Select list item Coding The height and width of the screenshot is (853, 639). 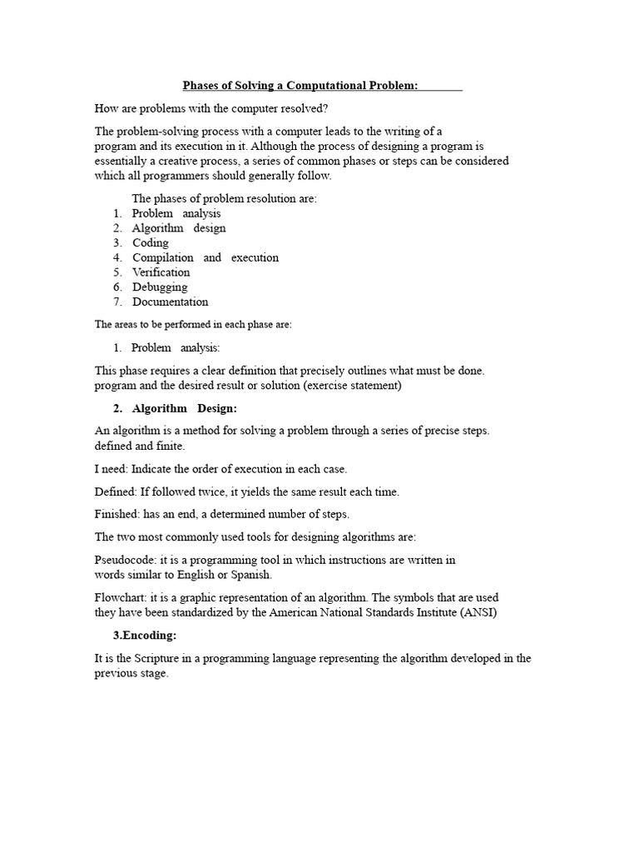click(x=151, y=243)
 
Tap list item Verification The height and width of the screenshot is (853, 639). click(x=161, y=272)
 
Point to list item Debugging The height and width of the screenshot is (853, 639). click(x=160, y=287)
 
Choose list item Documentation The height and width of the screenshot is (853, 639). click(x=170, y=302)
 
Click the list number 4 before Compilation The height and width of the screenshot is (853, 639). click(x=118, y=258)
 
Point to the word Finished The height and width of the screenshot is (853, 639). click(x=116, y=514)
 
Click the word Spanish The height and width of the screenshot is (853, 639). click(x=252, y=576)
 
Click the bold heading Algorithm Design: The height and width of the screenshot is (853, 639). click(x=185, y=408)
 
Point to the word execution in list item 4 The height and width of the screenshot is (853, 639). click(x=255, y=258)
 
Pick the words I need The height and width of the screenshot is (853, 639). click(x=111, y=469)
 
